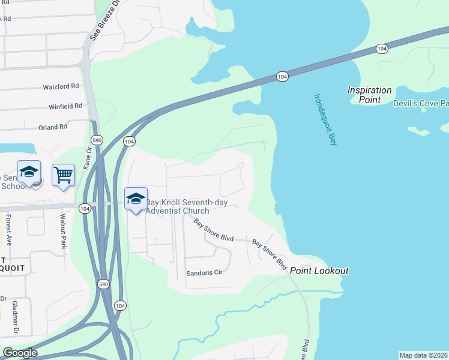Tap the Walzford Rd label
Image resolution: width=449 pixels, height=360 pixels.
61,86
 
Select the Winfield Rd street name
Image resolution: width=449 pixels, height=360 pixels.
65,106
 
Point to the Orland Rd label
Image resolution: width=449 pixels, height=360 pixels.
53,127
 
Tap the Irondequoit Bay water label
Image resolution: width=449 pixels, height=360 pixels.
325,119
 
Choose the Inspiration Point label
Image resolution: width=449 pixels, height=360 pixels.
369,95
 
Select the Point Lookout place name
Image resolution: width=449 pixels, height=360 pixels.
319,271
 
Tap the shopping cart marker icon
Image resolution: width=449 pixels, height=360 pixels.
63,175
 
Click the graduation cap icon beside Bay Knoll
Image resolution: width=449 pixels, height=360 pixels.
136,199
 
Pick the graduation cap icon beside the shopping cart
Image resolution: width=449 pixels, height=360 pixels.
29,172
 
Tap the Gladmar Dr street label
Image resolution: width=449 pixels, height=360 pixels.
15,317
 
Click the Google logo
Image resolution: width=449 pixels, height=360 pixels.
20,353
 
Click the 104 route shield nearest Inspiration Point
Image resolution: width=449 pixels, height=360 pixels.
382,48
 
